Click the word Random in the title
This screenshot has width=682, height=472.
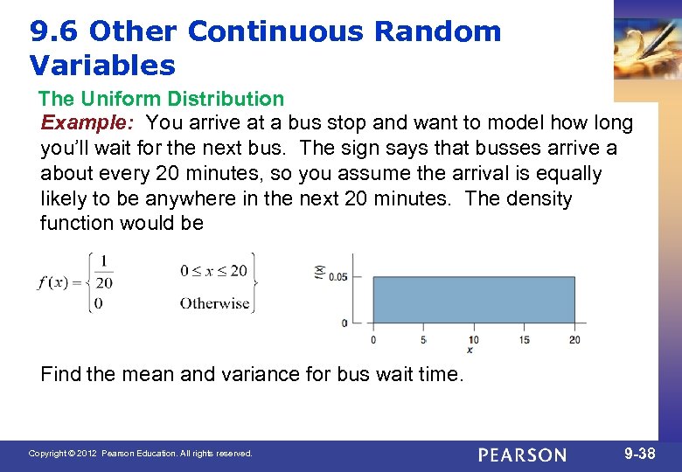[437, 31]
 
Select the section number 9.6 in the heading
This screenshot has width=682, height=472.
[54, 31]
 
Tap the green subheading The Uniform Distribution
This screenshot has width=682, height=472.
[162, 99]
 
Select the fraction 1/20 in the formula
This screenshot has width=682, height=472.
[105, 272]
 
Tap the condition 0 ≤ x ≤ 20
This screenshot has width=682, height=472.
[213, 271]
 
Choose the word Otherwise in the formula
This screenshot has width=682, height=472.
[214, 303]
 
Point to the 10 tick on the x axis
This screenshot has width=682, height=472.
[473, 339]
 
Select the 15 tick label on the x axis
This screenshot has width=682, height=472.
[524, 339]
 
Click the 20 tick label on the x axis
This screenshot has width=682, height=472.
[574, 339]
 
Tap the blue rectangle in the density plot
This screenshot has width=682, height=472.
[473, 300]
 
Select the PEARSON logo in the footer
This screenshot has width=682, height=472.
[523, 455]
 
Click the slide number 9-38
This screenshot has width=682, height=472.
[640, 454]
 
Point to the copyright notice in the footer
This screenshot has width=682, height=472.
[140, 454]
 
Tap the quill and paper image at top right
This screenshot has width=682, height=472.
[647, 44]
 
